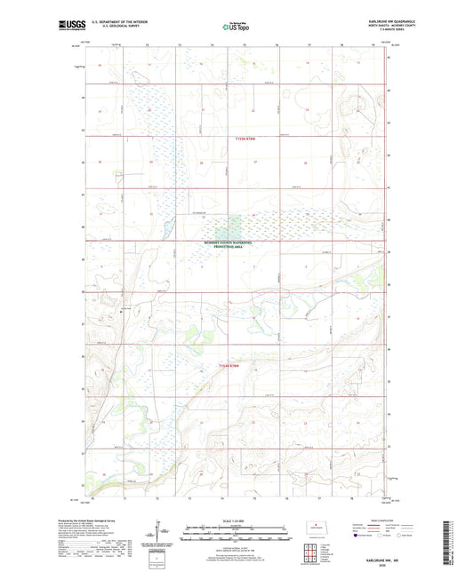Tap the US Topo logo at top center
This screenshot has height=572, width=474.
[237, 27]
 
